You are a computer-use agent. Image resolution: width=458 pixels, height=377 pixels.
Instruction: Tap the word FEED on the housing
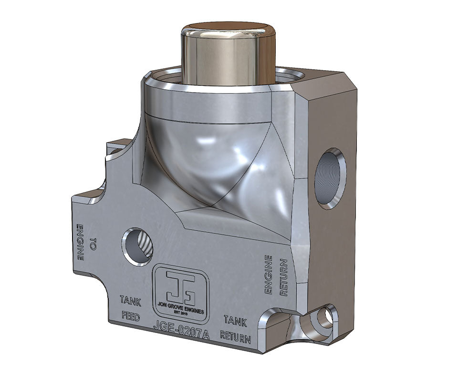pyautogui.click(x=130, y=316)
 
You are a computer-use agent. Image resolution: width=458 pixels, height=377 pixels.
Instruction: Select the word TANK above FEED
pyautogui.click(x=130, y=300)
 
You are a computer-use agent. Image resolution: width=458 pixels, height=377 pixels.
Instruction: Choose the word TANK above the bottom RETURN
pyautogui.click(x=235, y=321)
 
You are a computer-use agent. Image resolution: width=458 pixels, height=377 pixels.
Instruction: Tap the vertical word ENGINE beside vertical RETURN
pyautogui.click(x=269, y=274)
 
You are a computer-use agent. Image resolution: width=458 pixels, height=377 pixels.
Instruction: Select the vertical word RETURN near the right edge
pyautogui.click(x=283, y=277)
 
